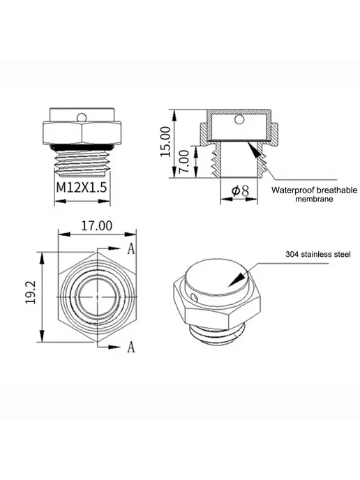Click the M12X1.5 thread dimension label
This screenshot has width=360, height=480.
click(82, 187)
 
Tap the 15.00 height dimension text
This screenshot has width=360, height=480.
click(165, 142)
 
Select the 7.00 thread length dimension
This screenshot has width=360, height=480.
click(185, 161)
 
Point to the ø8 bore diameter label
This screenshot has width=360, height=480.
click(240, 191)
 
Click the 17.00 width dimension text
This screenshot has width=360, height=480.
click(97, 226)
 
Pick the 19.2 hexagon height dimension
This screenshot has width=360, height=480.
click(31, 292)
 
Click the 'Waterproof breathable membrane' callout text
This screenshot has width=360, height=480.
click(314, 195)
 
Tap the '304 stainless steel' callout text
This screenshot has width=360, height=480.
click(318, 254)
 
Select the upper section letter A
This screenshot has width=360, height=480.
click(131, 249)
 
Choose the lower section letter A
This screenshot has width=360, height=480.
click(131, 347)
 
